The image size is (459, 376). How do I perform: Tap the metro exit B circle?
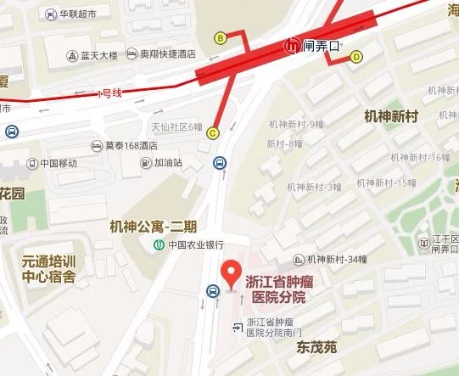point(220,37)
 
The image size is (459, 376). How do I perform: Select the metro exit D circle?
point(356,57)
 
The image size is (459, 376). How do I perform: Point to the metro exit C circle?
point(212,132)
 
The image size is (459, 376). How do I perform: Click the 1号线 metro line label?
point(110,93)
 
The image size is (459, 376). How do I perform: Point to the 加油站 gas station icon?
point(147,163)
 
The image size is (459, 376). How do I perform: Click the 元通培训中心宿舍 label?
point(49,269)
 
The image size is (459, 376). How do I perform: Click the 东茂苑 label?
point(317,347)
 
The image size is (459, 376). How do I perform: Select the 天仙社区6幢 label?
point(176,127)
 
